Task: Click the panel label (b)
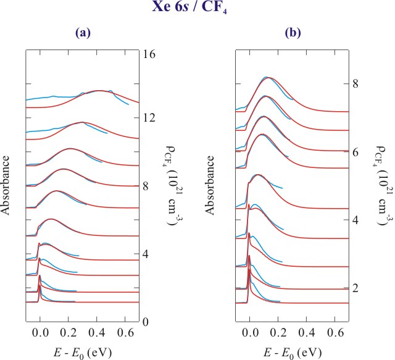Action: point(293,34)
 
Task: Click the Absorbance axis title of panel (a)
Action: point(7,186)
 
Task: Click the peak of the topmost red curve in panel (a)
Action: point(99,90)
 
